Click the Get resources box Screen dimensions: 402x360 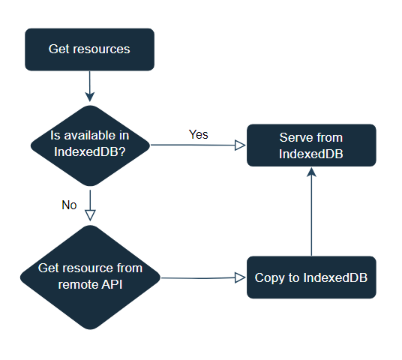(x=89, y=49)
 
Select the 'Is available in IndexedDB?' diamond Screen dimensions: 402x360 (x=90, y=145)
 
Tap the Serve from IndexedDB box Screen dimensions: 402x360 (x=311, y=145)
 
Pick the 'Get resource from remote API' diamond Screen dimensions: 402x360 (x=90, y=277)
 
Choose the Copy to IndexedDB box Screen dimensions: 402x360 (x=311, y=277)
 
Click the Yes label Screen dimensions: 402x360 (x=199, y=134)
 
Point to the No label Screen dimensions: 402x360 (x=69, y=205)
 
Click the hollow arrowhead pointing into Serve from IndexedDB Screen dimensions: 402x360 (x=240, y=145)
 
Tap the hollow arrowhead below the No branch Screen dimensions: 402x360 (x=90, y=215)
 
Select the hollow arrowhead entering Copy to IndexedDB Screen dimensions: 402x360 (x=240, y=277)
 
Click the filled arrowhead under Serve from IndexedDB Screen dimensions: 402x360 (x=311, y=172)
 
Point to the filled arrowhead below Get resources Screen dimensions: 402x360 (x=90, y=97)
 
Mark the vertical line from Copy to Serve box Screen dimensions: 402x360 (x=311, y=211)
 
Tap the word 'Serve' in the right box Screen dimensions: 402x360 (x=296, y=137)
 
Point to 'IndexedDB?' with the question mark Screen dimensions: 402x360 (x=90, y=151)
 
